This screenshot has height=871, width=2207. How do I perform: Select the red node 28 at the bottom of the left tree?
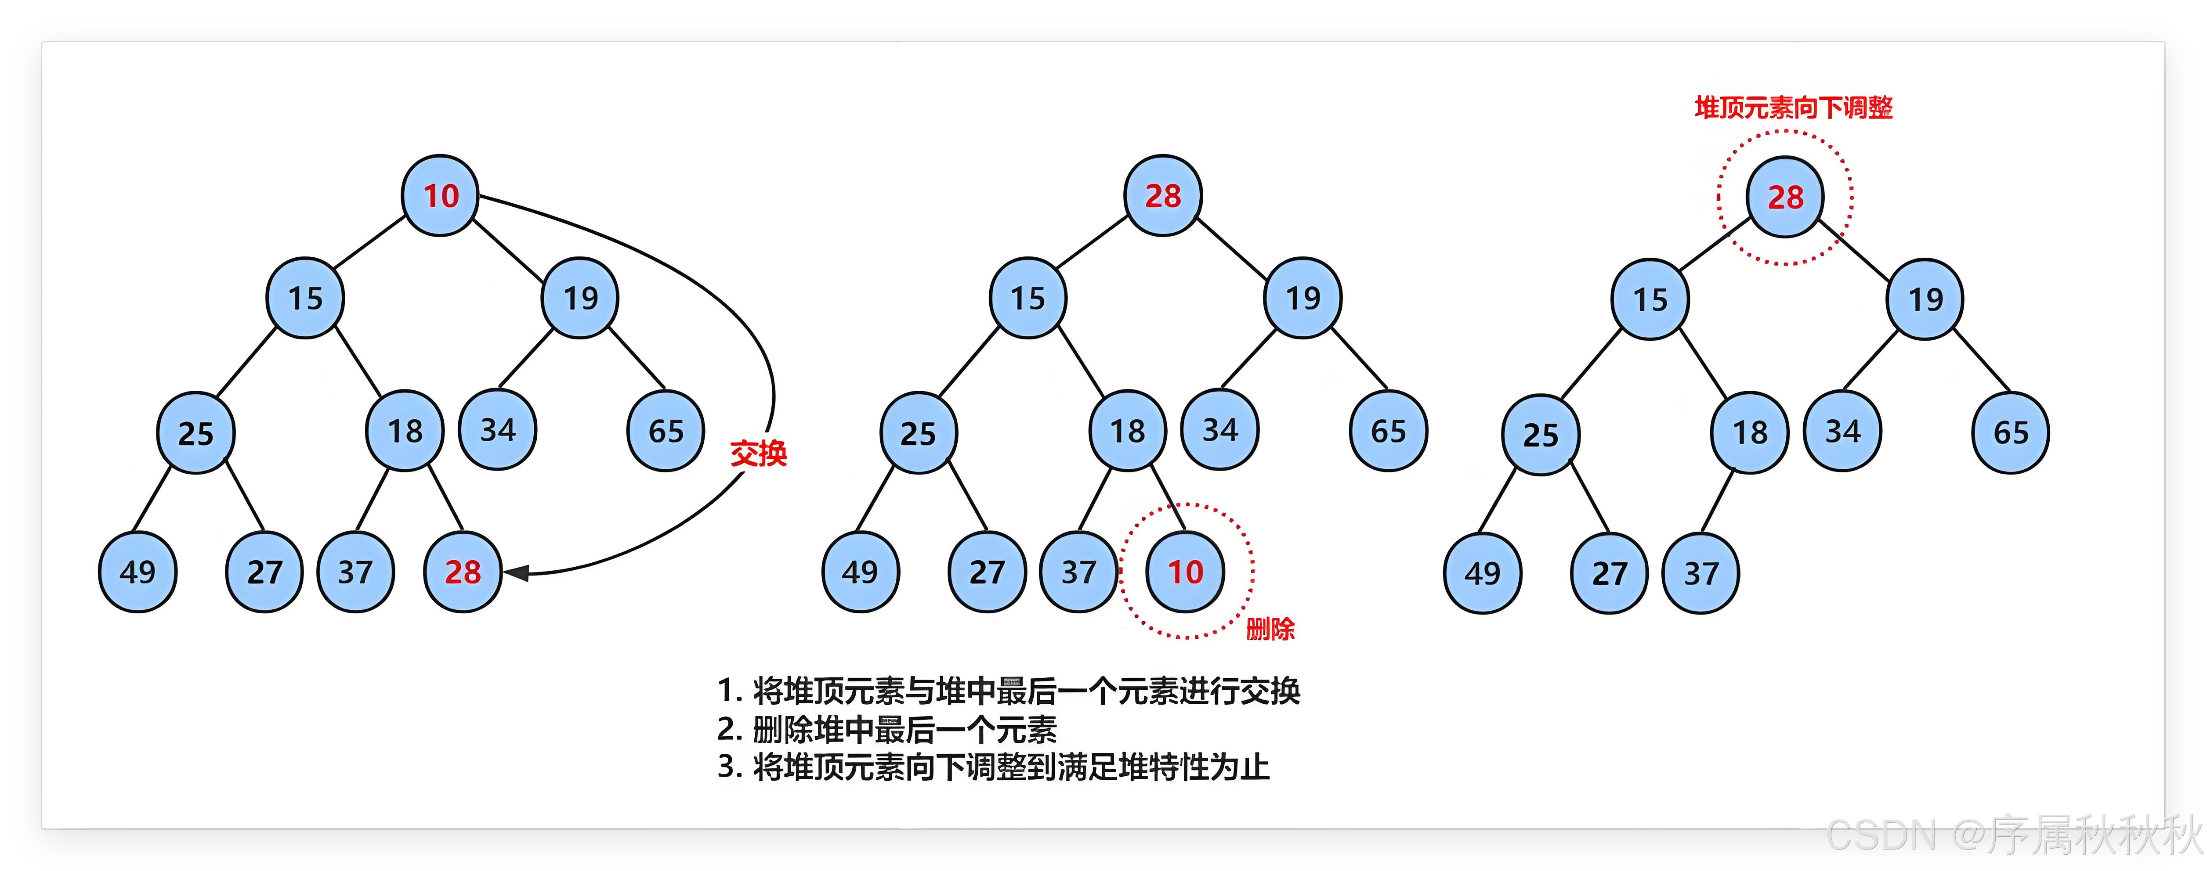click(x=463, y=572)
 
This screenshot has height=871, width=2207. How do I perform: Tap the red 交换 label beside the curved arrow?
click(x=758, y=453)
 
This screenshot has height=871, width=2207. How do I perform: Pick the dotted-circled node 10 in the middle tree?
click(x=1186, y=572)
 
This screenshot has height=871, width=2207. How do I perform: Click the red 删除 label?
click(x=1270, y=630)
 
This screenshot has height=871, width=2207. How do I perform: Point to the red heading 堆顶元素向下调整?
click(x=1793, y=108)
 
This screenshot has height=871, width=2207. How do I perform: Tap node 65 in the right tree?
click(x=2011, y=432)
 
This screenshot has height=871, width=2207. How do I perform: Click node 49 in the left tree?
click(x=137, y=572)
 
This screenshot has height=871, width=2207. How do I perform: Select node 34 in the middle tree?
click(x=1220, y=430)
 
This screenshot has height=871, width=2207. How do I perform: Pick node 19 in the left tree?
click(x=580, y=298)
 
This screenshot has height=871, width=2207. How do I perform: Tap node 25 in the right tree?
click(x=1541, y=435)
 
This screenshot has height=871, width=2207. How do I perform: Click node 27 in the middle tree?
click(x=987, y=572)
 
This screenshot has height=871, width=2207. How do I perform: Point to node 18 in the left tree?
click(x=405, y=431)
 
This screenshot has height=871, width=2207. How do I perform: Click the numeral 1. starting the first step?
click(x=728, y=690)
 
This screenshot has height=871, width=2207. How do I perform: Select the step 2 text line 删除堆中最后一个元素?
click(x=904, y=730)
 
